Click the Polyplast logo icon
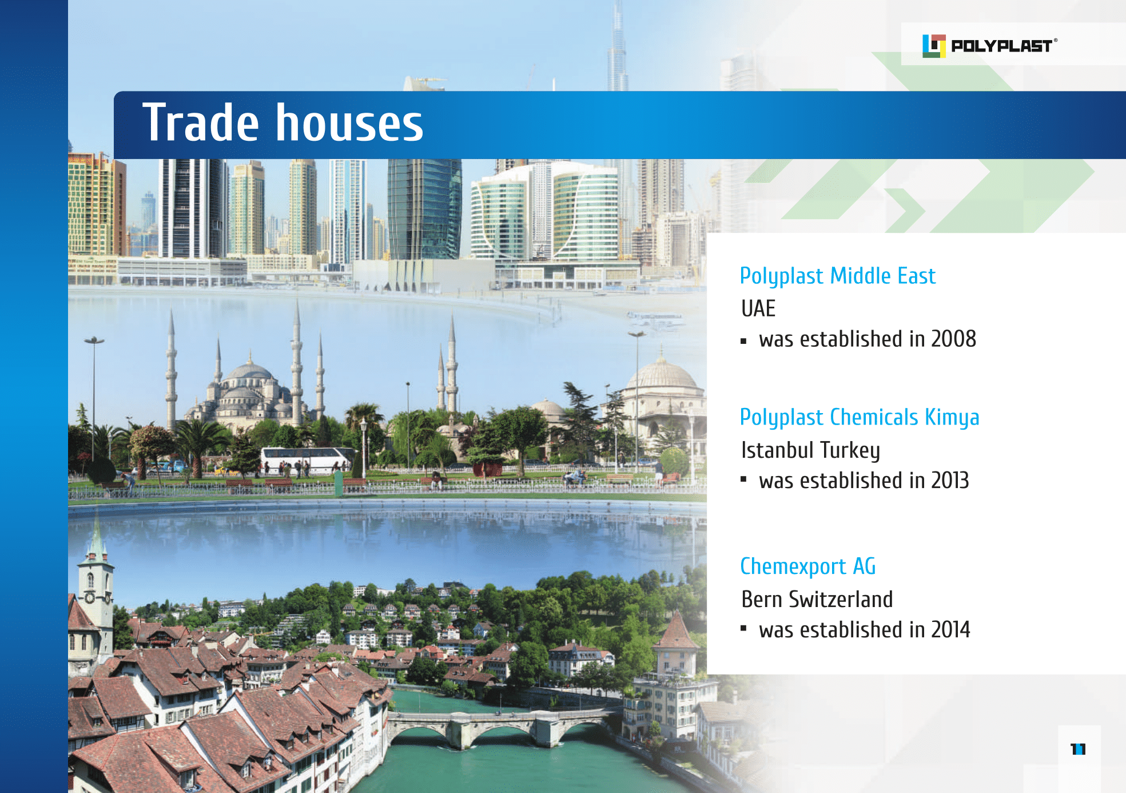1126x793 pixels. point(934,46)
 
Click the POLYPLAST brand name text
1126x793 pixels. point(1001,46)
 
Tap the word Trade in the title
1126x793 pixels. point(201,122)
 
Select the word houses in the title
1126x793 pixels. point(350,122)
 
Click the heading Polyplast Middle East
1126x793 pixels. point(838,276)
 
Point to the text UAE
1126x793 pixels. point(758,308)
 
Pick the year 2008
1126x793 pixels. point(953,339)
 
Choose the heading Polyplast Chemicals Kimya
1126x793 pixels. point(860,418)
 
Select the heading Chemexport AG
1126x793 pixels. point(807,566)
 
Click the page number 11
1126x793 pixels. point(1078,749)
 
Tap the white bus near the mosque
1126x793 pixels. point(306,460)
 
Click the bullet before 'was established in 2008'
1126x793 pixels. point(743,341)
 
